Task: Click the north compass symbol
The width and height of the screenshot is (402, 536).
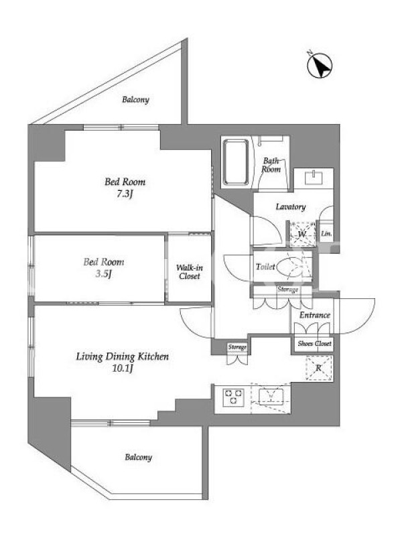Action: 320,66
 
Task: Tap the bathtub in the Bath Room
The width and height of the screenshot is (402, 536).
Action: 236,162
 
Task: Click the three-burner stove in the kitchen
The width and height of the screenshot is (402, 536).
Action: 233,397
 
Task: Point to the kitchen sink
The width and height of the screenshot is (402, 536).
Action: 271,397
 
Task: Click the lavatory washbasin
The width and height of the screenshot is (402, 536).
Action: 314,178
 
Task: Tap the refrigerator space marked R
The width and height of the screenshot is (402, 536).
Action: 319,368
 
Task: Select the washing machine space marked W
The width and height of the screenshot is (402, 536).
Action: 302,234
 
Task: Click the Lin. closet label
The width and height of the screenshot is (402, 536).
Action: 326,234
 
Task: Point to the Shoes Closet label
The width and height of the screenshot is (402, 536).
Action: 314,343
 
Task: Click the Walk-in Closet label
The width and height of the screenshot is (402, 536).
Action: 190,272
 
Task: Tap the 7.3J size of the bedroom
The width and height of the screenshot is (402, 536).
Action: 125,194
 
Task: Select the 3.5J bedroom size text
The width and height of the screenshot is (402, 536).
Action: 104,274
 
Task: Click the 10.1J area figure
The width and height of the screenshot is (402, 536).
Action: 122,368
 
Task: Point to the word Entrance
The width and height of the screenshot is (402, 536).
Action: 315,315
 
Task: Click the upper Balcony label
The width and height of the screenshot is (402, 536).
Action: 136,100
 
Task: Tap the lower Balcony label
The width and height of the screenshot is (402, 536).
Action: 139,458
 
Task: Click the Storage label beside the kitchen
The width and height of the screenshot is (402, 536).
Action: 237,347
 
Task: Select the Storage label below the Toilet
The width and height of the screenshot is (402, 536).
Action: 288,289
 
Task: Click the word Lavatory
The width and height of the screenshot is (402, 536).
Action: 291,207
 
